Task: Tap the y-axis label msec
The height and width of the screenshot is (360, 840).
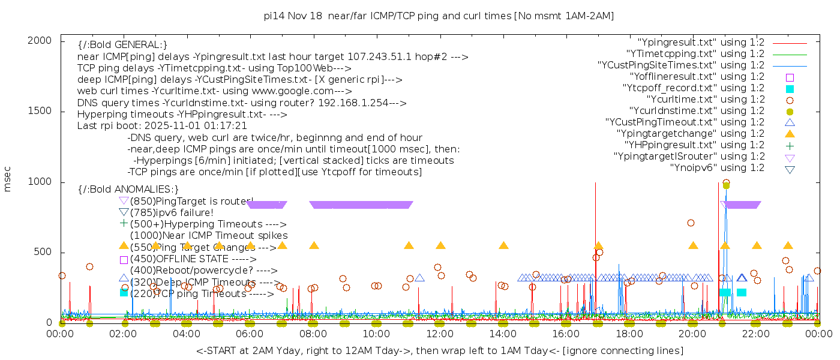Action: pyautogui.click(x=8, y=180)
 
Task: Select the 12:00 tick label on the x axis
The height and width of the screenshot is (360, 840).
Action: pyautogui.click(x=439, y=334)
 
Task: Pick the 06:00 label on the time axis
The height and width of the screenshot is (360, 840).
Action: pyautogui.click(x=250, y=334)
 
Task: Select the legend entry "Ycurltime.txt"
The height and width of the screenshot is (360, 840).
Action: pyautogui.click(x=705, y=100)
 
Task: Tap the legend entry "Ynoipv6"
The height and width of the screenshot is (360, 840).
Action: pyautogui.click(x=717, y=168)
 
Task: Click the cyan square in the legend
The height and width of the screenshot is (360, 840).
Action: pyautogui.click(x=790, y=89)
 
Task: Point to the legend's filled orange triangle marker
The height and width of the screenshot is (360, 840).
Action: pyautogui.click(x=790, y=134)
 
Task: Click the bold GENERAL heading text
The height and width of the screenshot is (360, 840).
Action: pyautogui.click(x=122, y=45)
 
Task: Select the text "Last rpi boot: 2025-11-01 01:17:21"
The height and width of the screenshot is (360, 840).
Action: pyautogui.click(x=162, y=126)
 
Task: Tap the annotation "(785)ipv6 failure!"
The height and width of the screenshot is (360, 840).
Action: pyautogui.click(x=172, y=212)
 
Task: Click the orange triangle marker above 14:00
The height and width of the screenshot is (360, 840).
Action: pyautogui.click(x=503, y=245)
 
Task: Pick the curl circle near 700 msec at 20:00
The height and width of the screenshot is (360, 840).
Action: pyautogui.click(x=691, y=223)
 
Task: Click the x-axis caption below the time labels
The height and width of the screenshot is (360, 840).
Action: pyautogui.click(x=439, y=350)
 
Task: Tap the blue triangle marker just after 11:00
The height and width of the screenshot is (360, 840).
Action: pyautogui.click(x=420, y=278)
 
